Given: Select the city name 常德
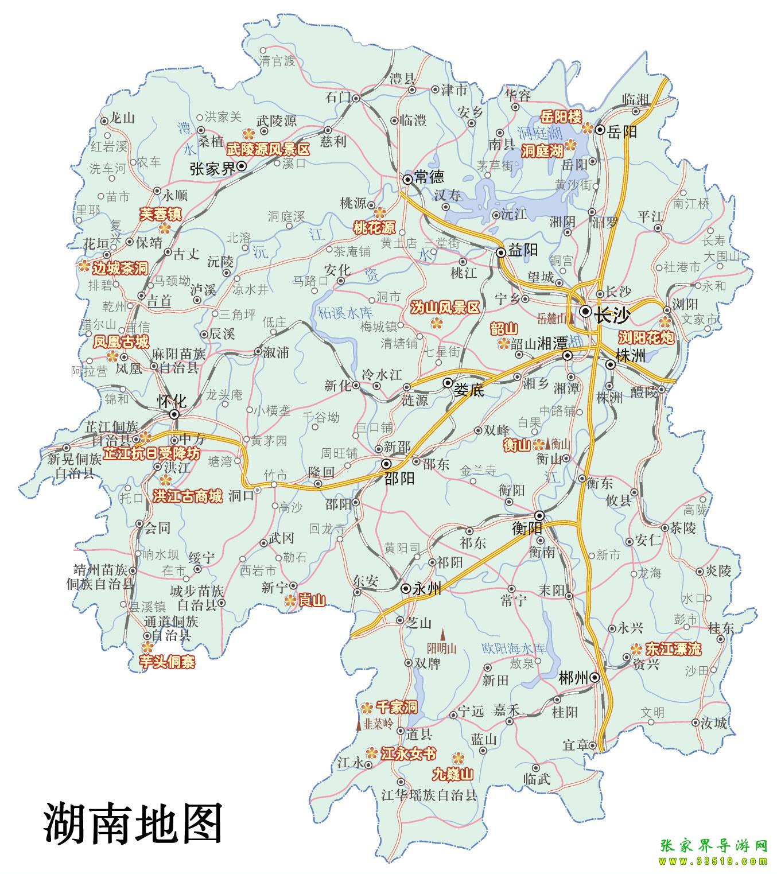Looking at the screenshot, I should pyautogui.click(x=429, y=177).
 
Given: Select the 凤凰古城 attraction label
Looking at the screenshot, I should pyautogui.click(x=121, y=343).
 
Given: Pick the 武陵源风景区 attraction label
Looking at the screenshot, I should pyautogui.click(x=267, y=150).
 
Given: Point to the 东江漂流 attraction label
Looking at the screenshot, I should pyautogui.click(x=673, y=649).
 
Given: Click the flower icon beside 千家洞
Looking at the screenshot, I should pyautogui.click(x=366, y=706).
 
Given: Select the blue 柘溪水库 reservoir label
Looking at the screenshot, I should pyautogui.click(x=345, y=313).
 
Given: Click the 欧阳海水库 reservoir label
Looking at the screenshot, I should pyautogui.click(x=512, y=648).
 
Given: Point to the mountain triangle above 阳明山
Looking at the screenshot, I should pyautogui.click(x=442, y=634).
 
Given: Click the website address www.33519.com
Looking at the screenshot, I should pyautogui.click(x=713, y=861).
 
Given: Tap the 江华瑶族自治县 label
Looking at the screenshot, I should pyautogui.click(x=429, y=795).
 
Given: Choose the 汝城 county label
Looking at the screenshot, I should pyautogui.click(x=714, y=723).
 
